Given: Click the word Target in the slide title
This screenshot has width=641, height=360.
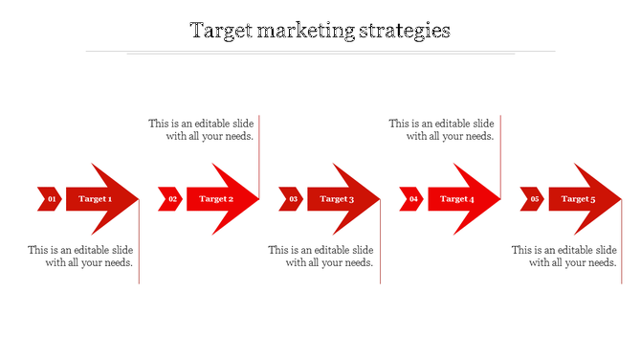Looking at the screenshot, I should point(219,31).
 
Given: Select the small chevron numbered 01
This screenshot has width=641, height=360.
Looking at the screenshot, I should point(51,199).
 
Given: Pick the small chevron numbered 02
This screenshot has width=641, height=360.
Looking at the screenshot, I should point(171,199).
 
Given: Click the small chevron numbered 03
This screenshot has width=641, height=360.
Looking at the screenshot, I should point(292,199).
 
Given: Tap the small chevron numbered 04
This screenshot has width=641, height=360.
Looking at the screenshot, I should point(412,199).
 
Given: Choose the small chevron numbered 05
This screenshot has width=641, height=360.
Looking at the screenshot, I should point(533,199).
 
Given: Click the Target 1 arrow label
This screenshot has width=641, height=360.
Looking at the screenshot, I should point(96,199).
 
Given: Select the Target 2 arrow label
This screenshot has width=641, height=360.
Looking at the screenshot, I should point(216,199).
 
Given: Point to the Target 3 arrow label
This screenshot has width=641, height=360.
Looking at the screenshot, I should point(337,199).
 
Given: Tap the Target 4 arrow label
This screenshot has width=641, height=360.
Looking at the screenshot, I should point(457,199).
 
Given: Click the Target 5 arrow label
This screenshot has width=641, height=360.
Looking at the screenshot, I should point(578,199).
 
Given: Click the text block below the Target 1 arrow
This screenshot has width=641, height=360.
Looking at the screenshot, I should point(80,256).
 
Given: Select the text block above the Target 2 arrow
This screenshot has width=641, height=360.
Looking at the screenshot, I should point(201,129).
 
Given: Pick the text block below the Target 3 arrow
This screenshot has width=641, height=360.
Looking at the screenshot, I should point(321,256).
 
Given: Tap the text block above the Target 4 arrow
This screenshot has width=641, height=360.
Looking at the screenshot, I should point(442,129).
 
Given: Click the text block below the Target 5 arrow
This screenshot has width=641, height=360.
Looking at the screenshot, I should point(564,256).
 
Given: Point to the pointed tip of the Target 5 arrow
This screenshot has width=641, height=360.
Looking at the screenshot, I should point(619,199).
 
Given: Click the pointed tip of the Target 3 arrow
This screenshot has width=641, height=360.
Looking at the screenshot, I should point(378,199).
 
